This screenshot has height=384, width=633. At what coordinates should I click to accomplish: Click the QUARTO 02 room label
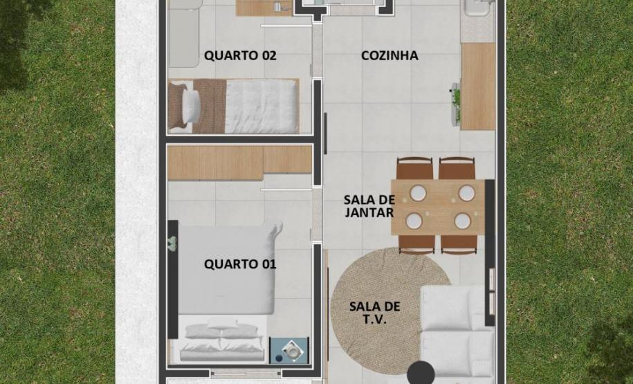point(240,56)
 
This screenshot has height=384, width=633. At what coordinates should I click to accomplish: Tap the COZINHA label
point(389,56)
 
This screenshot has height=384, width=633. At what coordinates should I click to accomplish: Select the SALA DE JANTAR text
point(369,206)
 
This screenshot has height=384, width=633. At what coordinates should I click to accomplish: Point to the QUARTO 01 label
point(240,264)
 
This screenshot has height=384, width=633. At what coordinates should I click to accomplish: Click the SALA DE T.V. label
point(374,313)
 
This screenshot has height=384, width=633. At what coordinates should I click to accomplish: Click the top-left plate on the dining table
point(417,193)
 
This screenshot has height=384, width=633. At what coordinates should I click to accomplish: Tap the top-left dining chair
point(415,169)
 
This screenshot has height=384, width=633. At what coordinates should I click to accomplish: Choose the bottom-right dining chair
point(459,244)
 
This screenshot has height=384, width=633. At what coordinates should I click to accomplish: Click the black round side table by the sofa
point(420,372)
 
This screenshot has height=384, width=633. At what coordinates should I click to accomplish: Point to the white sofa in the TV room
point(457,332)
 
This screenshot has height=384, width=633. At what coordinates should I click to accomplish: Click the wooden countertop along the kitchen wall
point(478,86)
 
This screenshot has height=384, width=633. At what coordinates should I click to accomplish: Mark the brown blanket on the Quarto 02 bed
point(211,105)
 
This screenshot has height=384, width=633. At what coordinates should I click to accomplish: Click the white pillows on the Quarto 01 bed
point(223,332)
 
